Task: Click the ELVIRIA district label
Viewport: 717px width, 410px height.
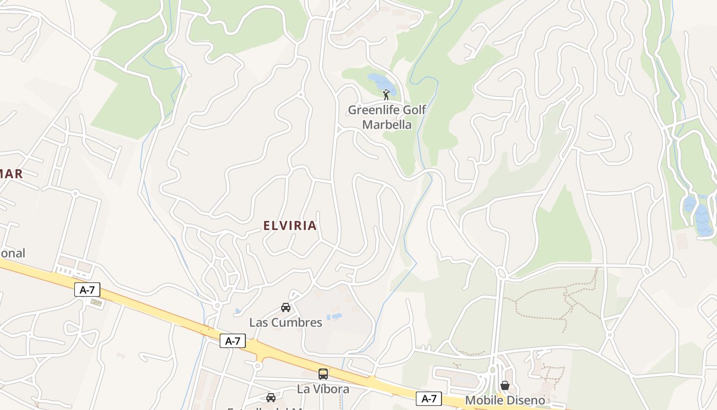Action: click(x=290, y=225)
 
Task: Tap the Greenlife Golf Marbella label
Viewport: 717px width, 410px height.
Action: click(x=387, y=117)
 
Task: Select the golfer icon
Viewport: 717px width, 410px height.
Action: click(x=386, y=95)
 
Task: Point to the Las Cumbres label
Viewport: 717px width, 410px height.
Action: click(x=286, y=322)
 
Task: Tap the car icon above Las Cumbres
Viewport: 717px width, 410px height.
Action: click(x=286, y=307)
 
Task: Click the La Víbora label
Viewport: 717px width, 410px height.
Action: click(x=323, y=389)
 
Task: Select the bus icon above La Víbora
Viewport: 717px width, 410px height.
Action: click(x=323, y=374)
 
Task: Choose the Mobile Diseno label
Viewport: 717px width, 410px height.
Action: click(x=504, y=400)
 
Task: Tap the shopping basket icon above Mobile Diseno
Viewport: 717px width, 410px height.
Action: click(x=505, y=385)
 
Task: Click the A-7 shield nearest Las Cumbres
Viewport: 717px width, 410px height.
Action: click(x=233, y=341)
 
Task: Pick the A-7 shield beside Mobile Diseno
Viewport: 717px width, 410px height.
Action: click(x=429, y=398)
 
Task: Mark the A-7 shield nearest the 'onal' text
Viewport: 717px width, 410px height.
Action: click(x=88, y=290)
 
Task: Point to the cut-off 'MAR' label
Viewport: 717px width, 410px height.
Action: click(x=12, y=174)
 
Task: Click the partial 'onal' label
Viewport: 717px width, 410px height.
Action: click(x=12, y=253)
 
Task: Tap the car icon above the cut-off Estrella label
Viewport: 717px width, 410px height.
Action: click(x=271, y=397)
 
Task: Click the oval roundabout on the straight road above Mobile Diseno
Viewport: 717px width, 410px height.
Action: click(x=501, y=273)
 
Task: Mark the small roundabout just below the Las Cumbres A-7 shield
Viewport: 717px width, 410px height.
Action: click(x=257, y=366)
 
